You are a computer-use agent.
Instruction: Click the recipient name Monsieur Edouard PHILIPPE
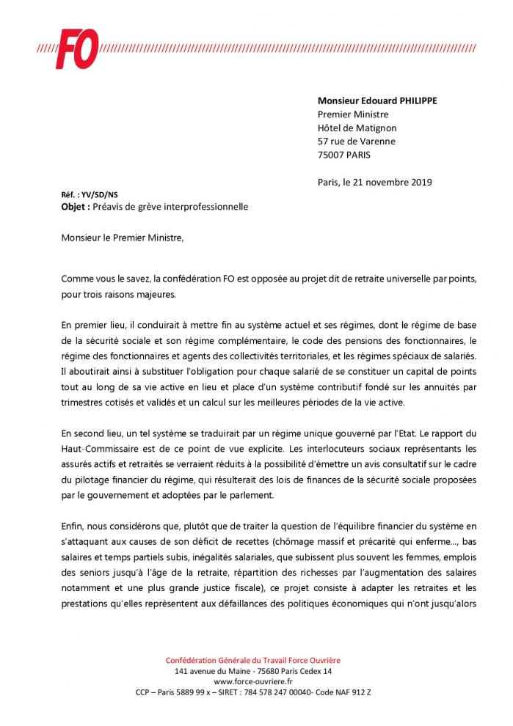pyautogui.click(x=376, y=100)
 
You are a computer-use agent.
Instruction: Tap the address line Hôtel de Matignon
pyautogui.click(x=357, y=128)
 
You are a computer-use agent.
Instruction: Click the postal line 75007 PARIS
pyautogui.click(x=343, y=155)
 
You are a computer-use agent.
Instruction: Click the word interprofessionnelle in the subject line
pyautogui.click(x=208, y=207)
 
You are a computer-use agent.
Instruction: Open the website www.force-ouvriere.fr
pyautogui.click(x=252, y=681)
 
